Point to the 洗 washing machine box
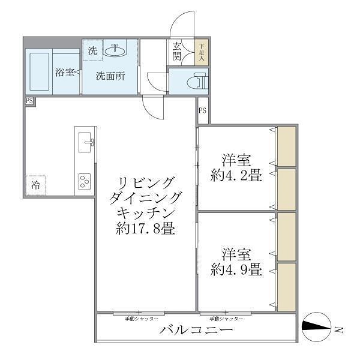(x=92, y=51)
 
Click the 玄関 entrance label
(x=178, y=52)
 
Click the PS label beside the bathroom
(x=29, y=101)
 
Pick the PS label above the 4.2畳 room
(x=203, y=110)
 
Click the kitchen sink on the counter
(x=88, y=142)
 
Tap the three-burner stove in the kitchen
(x=85, y=181)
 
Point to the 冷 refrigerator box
(x=36, y=185)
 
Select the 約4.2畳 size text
(x=236, y=176)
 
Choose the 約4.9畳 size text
(x=236, y=269)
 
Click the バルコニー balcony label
(x=196, y=331)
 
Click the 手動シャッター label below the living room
(x=142, y=318)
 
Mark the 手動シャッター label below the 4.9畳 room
(x=226, y=318)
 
